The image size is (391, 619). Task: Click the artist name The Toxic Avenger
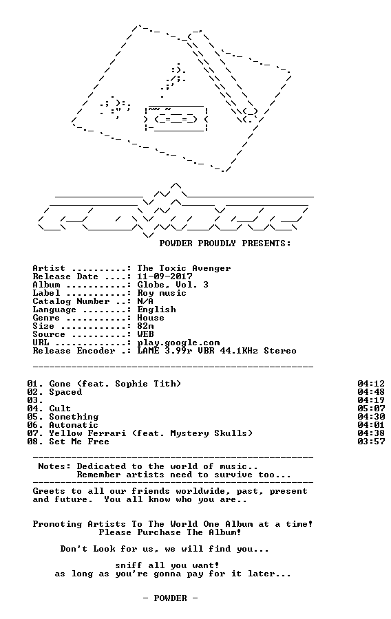pyautogui.click(x=184, y=268)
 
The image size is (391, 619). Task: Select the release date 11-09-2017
pyautogui.click(x=165, y=276)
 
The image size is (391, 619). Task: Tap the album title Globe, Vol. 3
pyautogui.click(x=173, y=285)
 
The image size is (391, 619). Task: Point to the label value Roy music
pyautogui.click(x=162, y=293)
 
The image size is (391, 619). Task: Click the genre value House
pyautogui.click(x=151, y=318)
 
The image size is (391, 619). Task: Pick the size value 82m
pyautogui.click(x=145, y=326)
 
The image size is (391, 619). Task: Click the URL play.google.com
pyautogui.click(x=178, y=343)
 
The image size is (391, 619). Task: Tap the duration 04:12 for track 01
pyautogui.click(x=371, y=384)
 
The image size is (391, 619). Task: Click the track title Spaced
pyautogui.click(x=65, y=393)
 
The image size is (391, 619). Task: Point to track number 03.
pyautogui.click(x=35, y=400)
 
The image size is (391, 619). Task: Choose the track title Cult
pyautogui.click(x=60, y=409)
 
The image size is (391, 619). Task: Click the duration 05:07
pyautogui.click(x=371, y=409)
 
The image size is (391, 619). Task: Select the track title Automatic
pyautogui.click(x=74, y=425)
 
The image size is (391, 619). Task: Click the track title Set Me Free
pyautogui.click(x=79, y=442)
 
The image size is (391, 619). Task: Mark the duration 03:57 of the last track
pyautogui.click(x=371, y=442)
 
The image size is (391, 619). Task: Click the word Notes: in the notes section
pyautogui.click(x=54, y=466)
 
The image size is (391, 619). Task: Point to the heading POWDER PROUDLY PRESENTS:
pyautogui.click(x=225, y=243)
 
